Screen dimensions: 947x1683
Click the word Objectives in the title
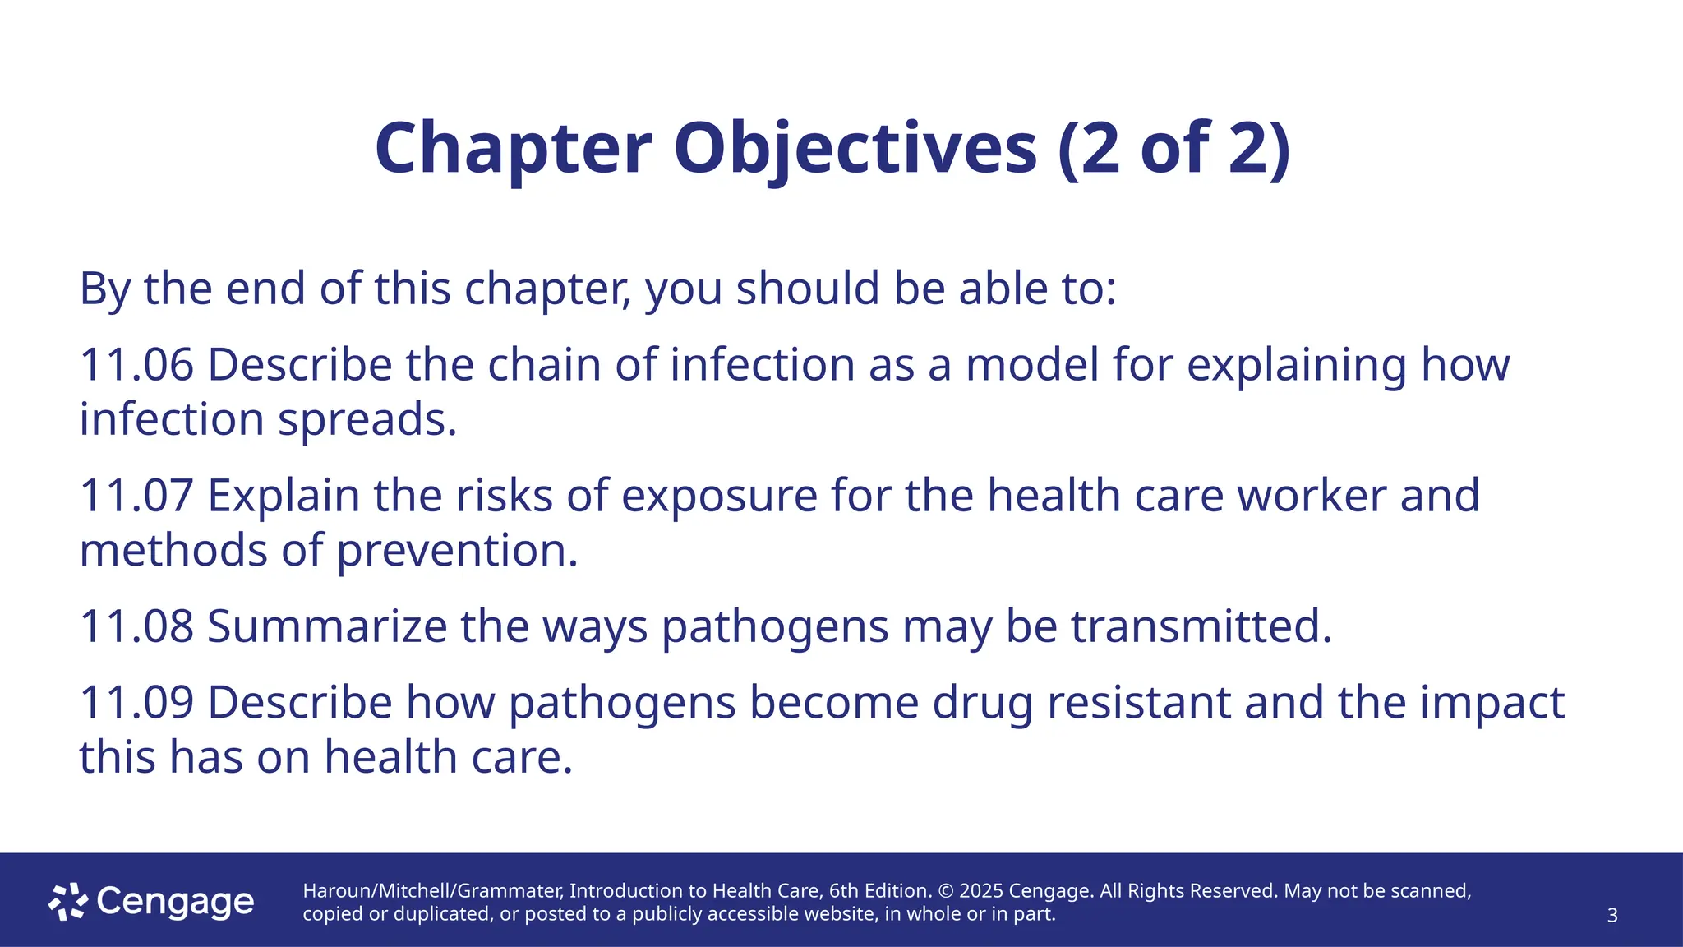tap(855, 150)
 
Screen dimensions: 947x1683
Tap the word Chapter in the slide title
tap(513, 150)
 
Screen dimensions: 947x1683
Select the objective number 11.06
tap(136, 365)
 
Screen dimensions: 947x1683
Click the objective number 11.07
tap(136, 496)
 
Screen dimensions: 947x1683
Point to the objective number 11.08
tap(136, 626)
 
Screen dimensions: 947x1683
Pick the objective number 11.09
tap(136, 703)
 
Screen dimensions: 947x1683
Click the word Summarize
tap(327, 626)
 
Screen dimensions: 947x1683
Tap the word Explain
tap(284, 496)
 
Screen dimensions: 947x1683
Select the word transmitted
tap(1200, 626)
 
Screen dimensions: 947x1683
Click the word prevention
tap(457, 551)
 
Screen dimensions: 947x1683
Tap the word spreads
tap(367, 420)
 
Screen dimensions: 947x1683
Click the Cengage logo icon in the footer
tap(68, 902)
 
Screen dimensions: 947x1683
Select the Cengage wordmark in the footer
tap(175, 902)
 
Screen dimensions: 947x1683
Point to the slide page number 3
tap(1612, 916)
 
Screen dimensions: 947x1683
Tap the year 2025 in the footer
tap(981, 891)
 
